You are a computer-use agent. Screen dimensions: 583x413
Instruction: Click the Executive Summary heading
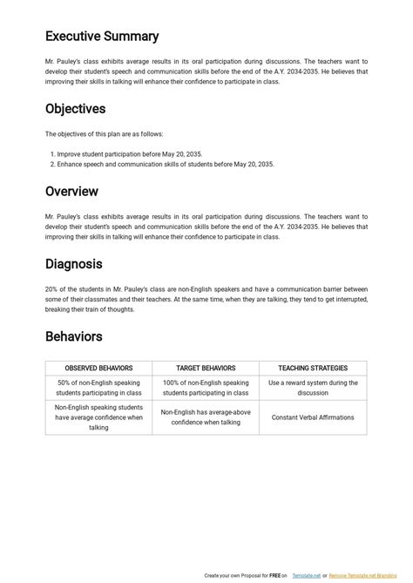point(102,37)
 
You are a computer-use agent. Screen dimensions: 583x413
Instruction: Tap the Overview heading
point(71,191)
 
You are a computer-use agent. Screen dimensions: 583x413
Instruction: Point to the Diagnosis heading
point(74,263)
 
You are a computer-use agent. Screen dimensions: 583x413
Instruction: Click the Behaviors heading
point(74,336)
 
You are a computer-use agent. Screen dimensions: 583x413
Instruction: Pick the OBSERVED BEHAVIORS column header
point(98,369)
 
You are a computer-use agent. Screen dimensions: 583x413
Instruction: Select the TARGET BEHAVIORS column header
point(206,369)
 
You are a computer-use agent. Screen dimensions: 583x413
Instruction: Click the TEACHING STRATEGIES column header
point(313,369)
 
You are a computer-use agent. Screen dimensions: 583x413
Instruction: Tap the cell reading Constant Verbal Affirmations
point(313,417)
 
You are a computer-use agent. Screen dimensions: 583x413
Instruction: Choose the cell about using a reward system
point(313,388)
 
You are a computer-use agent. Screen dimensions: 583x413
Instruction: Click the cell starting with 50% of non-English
point(98,388)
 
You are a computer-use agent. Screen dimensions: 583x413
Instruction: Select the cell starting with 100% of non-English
point(206,388)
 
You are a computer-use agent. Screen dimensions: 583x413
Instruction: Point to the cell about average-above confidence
point(206,417)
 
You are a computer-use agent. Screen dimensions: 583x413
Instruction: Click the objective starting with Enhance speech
point(166,164)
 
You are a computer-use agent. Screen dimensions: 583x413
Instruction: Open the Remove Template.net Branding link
point(366,576)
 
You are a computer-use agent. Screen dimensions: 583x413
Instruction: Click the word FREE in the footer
point(273,576)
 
